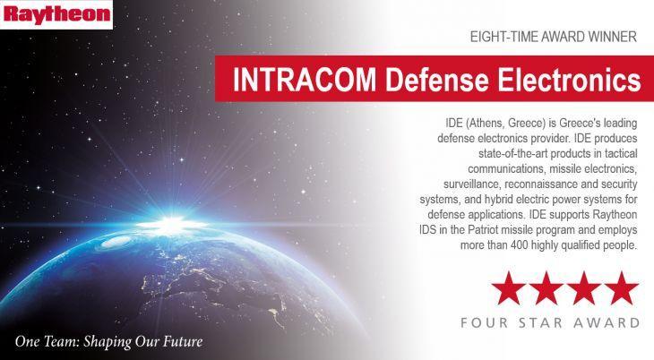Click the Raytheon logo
click(56, 14)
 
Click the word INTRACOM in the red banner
click(304, 79)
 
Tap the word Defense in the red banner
click(436, 79)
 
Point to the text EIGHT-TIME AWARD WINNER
click(554, 37)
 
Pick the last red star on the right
click(622, 287)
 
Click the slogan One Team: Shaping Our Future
click(109, 342)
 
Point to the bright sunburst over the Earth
click(172, 224)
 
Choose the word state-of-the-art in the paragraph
click(513, 153)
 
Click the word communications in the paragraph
click(506, 169)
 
